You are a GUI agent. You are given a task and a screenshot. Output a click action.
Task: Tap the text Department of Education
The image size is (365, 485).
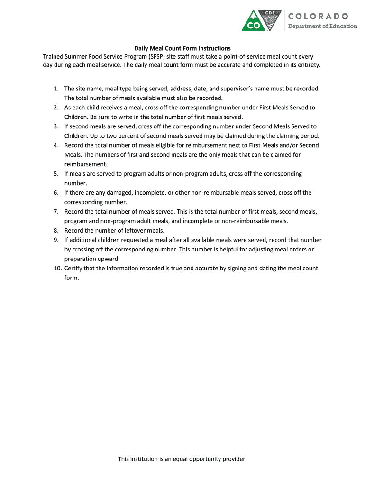(x=323, y=26)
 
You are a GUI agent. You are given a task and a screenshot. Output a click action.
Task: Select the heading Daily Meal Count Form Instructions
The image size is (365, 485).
(x=182, y=48)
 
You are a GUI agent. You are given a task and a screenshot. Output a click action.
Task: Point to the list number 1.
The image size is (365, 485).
(x=56, y=89)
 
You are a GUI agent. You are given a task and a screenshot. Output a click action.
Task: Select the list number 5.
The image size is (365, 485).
(x=56, y=174)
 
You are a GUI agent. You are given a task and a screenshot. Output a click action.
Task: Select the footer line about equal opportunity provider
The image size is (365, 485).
(x=182, y=459)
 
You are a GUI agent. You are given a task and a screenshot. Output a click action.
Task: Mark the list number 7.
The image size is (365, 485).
(x=56, y=212)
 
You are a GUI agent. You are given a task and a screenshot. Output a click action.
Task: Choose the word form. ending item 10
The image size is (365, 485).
(x=72, y=278)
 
